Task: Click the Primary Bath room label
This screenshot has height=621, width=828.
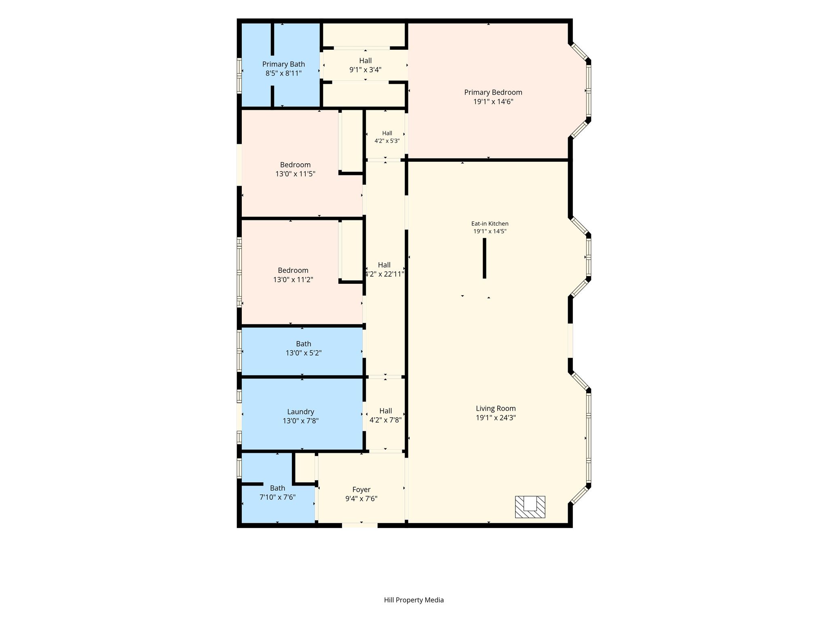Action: coord(283,64)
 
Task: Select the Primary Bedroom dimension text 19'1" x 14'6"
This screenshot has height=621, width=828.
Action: coord(493,101)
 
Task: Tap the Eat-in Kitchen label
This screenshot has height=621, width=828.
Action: coord(490,224)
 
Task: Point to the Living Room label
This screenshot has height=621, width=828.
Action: coord(496,408)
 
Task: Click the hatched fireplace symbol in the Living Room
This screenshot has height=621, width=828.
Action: coord(530,507)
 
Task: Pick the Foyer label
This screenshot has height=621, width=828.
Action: coord(361,490)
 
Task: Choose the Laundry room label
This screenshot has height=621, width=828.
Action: coord(300,412)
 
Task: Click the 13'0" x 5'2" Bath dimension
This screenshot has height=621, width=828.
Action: coord(304,353)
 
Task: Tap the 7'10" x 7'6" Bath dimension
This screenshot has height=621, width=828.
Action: coord(277,497)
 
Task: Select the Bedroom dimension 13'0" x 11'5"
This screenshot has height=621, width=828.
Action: coord(295,174)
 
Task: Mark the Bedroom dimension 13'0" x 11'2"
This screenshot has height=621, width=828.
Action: coord(293,279)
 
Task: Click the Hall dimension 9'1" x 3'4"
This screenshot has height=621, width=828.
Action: coord(365,70)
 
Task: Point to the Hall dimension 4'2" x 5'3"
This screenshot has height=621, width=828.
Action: coord(387,141)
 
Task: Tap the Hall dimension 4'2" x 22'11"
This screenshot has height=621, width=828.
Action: coord(384,274)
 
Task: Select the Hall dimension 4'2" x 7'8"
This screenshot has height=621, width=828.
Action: coord(385,420)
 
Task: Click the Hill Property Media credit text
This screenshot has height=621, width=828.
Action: coord(414,600)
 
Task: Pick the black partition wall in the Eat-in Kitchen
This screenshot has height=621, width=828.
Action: coord(484,258)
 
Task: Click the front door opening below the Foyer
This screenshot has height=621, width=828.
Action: coord(360,525)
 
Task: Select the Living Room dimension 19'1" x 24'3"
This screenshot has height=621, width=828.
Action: coord(496,418)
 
